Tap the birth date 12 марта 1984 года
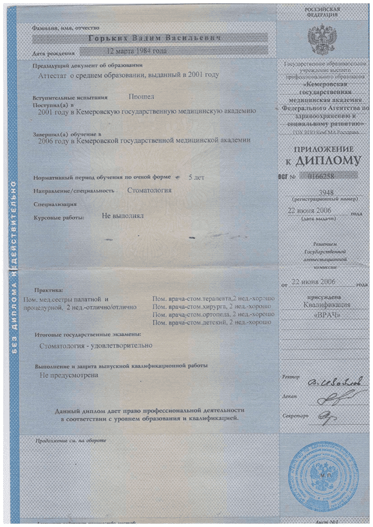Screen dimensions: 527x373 click(x=137, y=52)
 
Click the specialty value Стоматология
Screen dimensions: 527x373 click(x=149, y=189)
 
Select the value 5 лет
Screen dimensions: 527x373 click(x=196, y=177)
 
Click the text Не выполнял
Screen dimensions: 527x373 click(x=122, y=216)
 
